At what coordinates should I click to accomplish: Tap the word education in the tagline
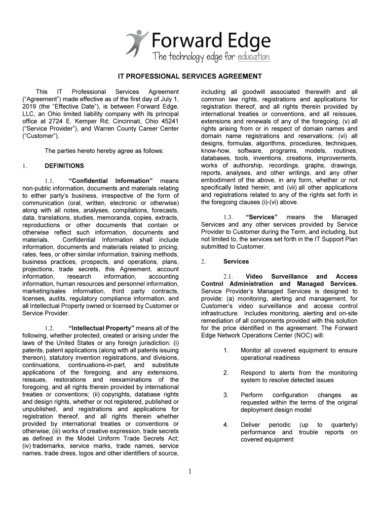[253, 57]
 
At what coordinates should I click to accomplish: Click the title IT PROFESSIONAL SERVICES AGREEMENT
[189, 77]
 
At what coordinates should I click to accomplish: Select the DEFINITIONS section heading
[64, 166]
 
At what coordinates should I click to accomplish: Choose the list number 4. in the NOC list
[226, 425]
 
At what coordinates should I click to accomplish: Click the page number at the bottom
[190, 471]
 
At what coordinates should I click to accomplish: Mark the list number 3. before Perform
[226, 395]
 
